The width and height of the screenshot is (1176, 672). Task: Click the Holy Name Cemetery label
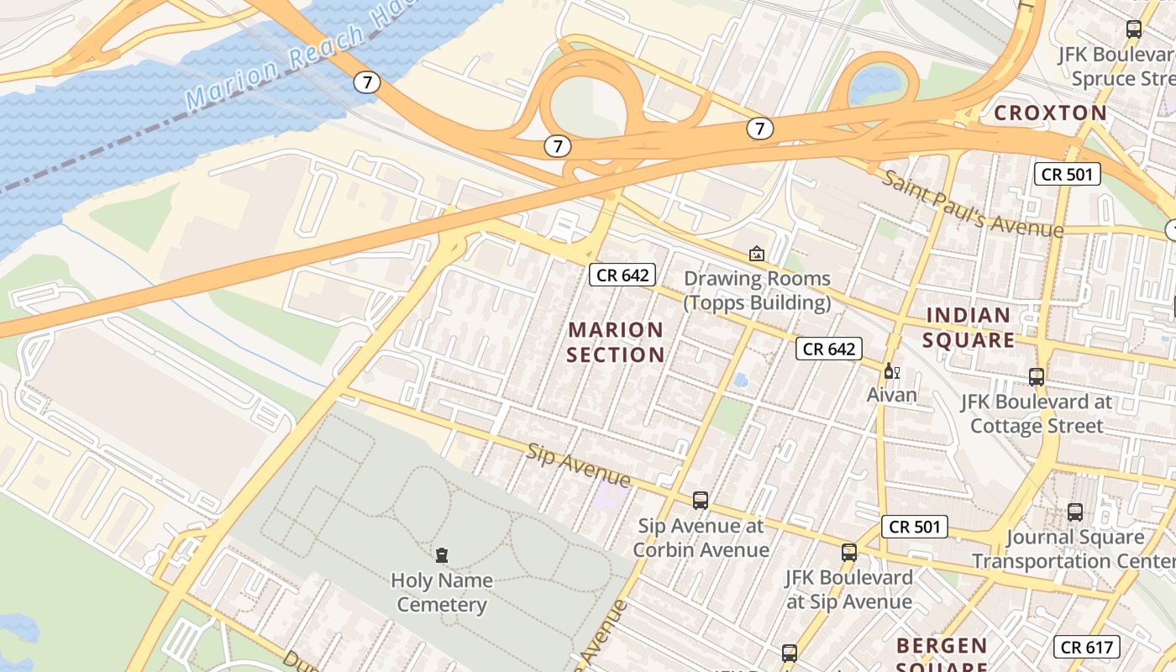442,592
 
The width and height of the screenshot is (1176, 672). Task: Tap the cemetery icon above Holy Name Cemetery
442,554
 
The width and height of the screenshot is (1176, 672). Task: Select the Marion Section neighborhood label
616,342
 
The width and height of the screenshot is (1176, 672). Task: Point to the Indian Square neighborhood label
969,328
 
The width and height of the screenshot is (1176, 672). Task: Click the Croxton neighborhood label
1050,113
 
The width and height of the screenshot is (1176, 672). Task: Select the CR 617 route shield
1087,647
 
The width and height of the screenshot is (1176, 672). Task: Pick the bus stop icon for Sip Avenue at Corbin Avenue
701,501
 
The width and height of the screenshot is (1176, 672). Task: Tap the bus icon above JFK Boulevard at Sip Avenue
849,552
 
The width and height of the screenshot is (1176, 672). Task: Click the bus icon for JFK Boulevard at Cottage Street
1037,376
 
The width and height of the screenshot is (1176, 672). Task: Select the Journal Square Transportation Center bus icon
1075,512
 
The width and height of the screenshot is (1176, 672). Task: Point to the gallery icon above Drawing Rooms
757,253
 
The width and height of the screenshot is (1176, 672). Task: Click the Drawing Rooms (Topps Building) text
757,290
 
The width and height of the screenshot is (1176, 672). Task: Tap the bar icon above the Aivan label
891,370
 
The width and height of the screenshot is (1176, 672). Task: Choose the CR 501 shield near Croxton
1067,174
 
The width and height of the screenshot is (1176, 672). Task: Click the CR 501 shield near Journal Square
915,527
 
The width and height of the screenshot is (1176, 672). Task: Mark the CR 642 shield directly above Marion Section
622,275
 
